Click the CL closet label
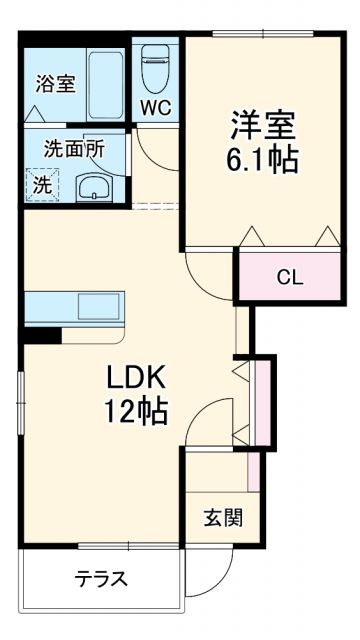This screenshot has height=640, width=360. click(290, 278)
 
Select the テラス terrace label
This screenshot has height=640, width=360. click(102, 579)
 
